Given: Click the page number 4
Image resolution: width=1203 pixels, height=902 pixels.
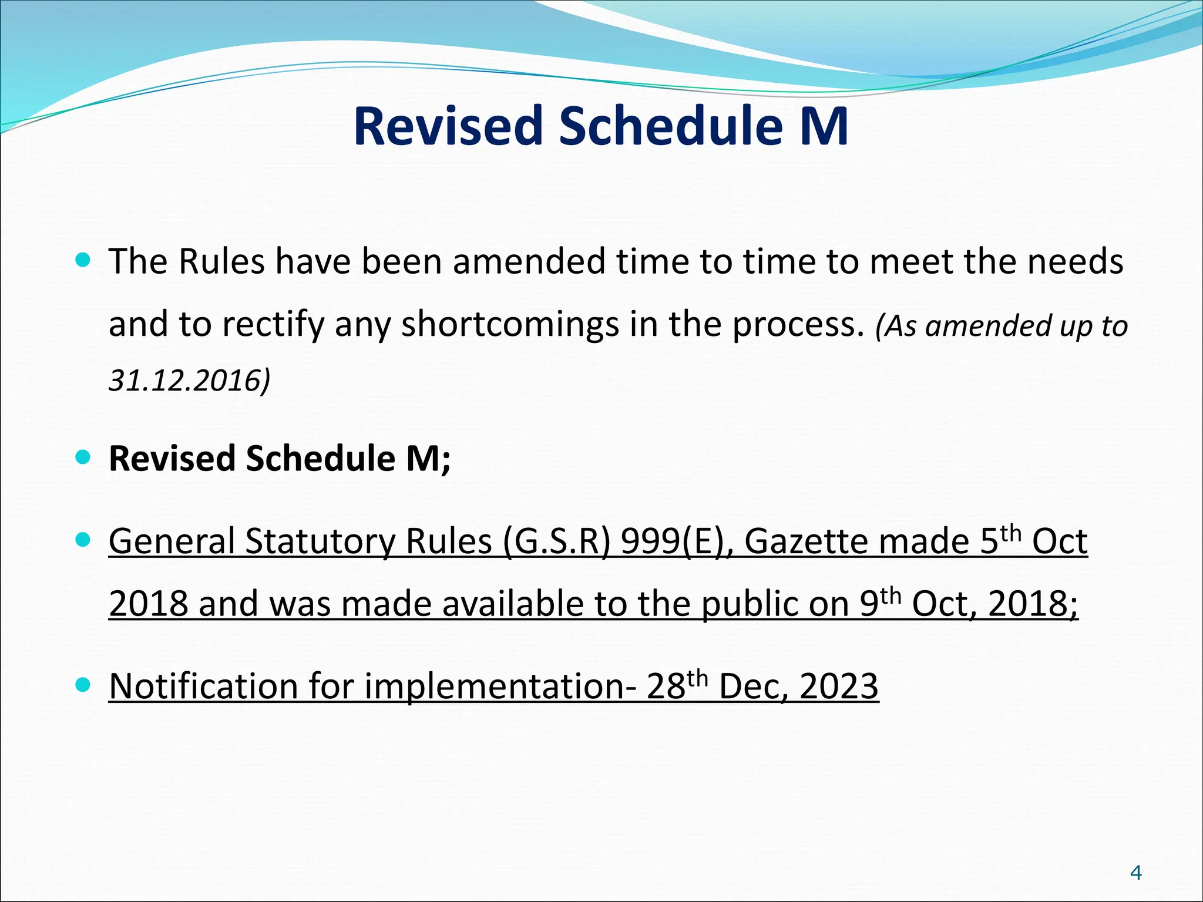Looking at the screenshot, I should [x=1136, y=873].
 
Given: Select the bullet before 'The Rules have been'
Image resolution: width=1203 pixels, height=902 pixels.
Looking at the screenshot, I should [x=83, y=260].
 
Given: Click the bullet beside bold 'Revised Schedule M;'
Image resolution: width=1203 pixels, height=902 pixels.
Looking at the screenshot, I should [x=83, y=457].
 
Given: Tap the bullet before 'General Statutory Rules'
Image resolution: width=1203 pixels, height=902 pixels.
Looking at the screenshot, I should [x=83, y=539].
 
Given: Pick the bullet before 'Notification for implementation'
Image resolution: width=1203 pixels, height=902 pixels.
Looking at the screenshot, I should [x=83, y=684].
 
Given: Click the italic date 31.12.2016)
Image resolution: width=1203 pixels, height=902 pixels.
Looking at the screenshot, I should [x=189, y=381].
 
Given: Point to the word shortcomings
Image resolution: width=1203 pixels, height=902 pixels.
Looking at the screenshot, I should [x=510, y=324].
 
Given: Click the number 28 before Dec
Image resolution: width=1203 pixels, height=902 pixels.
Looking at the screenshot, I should [x=666, y=686].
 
